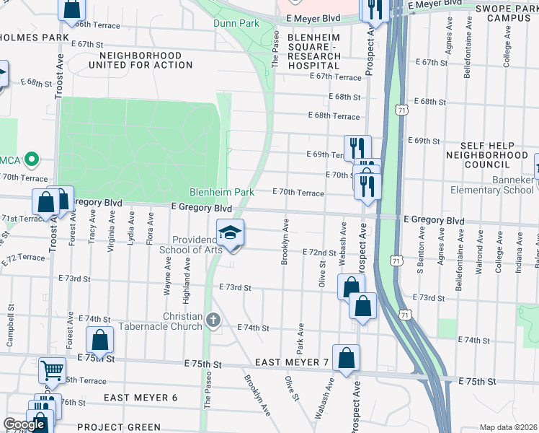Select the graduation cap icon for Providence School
click(231, 233)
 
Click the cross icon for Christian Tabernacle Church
click(213, 319)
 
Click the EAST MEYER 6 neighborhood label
click(141, 398)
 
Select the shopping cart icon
click(52, 370)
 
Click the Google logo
click(23, 424)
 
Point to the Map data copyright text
click(507, 427)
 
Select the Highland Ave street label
click(187, 274)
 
